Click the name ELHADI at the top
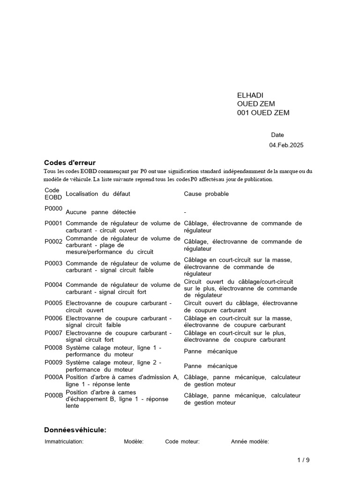click(250, 95)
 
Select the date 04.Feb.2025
click(286, 145)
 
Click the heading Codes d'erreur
click(70, 163)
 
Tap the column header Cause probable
click(206, 194)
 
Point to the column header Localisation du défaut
click(98, 194)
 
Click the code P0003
click(53, 263)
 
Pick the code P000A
click(53, 377)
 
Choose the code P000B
click(53, 395)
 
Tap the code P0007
click(53, 333)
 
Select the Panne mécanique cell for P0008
click(210, 351)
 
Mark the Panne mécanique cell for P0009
click(210, 366)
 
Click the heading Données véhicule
click(75, 430)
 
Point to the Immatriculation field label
click(64, 442)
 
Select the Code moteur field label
click(182, 442)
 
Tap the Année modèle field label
click(250, 442)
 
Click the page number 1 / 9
click(303, 460)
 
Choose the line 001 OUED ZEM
click(263, 112)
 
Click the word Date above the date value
click(277, 135)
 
